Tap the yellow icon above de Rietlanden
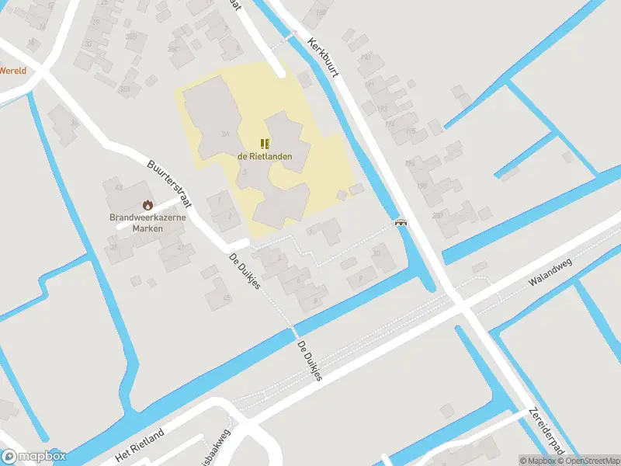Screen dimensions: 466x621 [x=265, y=144]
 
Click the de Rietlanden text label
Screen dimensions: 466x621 [x=265, y=156]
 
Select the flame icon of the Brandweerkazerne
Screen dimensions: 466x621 [x=147, y=205]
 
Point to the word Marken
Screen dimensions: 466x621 [x=147, y=228]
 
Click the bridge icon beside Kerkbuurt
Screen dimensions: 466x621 [x=401, y=222]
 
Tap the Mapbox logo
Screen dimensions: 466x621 [x=33, y=457]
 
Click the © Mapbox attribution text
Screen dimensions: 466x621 [x=537, y=461]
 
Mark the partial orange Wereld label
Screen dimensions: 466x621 [x=12, y=71]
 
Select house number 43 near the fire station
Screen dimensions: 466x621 [x=119, y=188]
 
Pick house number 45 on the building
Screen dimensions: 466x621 [x=227, y=297]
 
